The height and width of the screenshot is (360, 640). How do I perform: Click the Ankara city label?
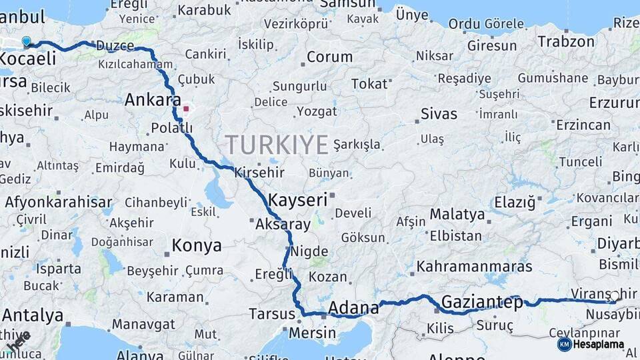[x=153, y=101]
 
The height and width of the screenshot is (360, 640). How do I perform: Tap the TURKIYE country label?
[x=277, y=145]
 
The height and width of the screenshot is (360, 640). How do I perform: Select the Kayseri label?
[x=297, y=199]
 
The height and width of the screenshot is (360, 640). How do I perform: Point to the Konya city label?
[x=197, y=246]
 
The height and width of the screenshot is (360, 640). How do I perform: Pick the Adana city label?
[x=353, y=309]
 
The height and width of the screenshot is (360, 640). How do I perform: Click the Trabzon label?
[x=566, y=42]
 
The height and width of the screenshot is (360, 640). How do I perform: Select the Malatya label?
[x=457, y=215]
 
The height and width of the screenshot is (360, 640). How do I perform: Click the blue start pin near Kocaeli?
[x=26, y=41]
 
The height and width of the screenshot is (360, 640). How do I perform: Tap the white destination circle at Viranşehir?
[x=615, y=295]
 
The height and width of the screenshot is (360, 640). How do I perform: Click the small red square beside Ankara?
[x=187, y=109]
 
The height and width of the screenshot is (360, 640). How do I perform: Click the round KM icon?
[x=564, y=344]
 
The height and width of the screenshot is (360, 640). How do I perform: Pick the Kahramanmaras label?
[x=474, y=267]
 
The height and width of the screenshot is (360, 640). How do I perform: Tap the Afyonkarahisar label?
[x=59, y=201]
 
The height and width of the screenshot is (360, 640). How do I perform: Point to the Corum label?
[x=329, y=57]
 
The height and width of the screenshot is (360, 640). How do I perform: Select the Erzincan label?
[x=583, y=125]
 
